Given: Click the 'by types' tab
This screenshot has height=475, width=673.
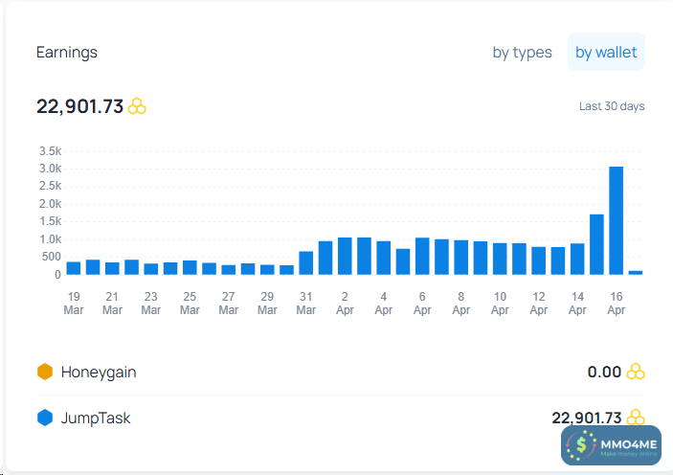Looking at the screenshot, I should tap(522, 53).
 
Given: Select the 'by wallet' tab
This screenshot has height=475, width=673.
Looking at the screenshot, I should tap(606, 53).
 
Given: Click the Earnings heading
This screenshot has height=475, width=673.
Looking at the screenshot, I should tap(67, 53).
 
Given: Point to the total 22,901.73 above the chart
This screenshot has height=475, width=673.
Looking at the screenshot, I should tap(80, 106).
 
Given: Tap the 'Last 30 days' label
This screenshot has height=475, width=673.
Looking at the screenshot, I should tap(612, 106).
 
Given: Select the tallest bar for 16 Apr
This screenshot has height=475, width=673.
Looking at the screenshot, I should tap(617, 220).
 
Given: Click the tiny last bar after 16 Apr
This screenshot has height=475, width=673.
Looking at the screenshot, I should tap(636, 272).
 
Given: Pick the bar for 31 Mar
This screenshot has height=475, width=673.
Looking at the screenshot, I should tap(306, 263).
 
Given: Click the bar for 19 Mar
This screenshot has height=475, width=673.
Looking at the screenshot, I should tap(74, 268).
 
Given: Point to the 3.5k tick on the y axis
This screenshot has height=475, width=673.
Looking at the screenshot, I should tap(51, 151).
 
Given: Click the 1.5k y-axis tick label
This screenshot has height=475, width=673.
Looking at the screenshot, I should tap(51, 222).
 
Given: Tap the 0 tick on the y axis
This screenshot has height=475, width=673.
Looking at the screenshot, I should tap(57, 275).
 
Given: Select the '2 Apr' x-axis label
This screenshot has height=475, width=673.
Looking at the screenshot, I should tap(345, 303).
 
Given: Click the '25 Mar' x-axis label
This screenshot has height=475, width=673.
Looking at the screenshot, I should tap(190, 303).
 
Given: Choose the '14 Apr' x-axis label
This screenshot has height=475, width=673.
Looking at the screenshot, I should tap(577, 303).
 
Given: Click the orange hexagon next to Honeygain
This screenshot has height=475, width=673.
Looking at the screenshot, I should tap(44, 372).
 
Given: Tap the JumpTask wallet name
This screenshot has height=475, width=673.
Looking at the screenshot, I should tap(96, 418).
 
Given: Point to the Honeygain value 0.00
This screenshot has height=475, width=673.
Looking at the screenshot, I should tap(604, 372).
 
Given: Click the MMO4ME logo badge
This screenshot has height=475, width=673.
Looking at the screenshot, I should tap(611, 444).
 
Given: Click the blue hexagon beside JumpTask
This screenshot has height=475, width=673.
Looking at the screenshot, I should tap(44, 418).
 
